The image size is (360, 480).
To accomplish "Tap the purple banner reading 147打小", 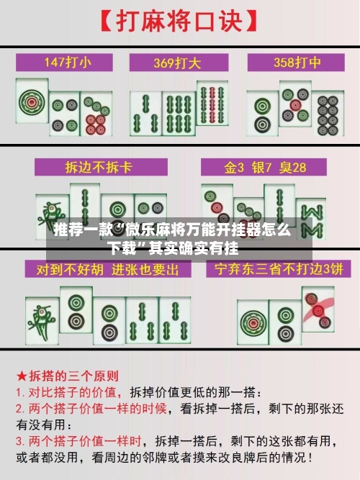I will [68, 62].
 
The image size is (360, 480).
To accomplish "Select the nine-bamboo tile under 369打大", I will [212, 112].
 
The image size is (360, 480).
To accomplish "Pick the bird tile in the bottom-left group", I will [42, 317].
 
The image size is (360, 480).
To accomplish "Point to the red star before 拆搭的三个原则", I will [22, 376].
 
